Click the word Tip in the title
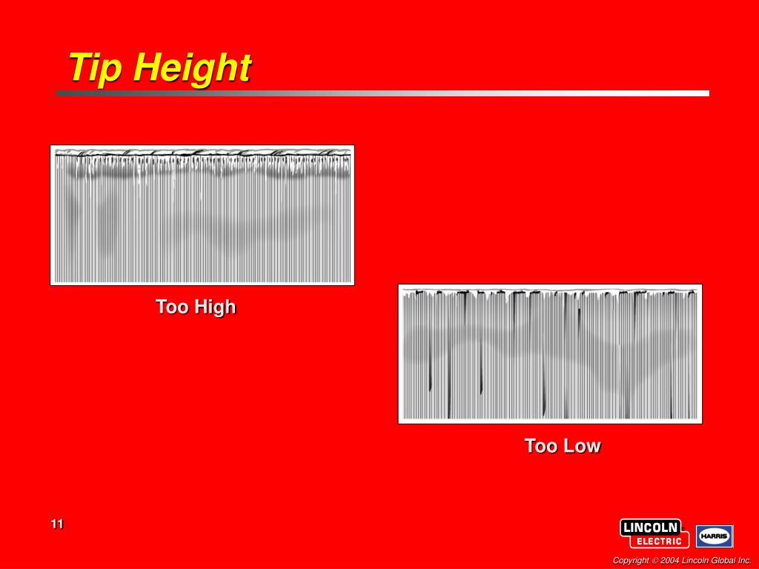click(x=97, y=68)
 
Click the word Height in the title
click(x=193, y=69)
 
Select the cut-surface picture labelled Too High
click(x=202, y=215)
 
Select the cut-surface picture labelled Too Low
click(x=550, y=353)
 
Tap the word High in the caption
click(x=216, y=307)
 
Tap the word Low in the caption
click(x=582, y=446)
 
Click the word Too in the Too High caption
click(x=172, y=307)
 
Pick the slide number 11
click(x=57, y=525)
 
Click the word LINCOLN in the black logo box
click(x=650, y=528)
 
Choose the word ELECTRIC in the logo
click(x=659, y=541)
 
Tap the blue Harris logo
click(x=715, y=536)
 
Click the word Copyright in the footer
click(x=630, y=560)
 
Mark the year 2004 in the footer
click(x=669, y=560)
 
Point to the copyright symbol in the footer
click(x=654, y=560)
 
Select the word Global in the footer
click(x=722, y=560)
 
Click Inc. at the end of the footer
click(x=744, y=560)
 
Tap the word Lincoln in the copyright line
click(x=695, y=560)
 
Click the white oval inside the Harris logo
click(x=715, y=536)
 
